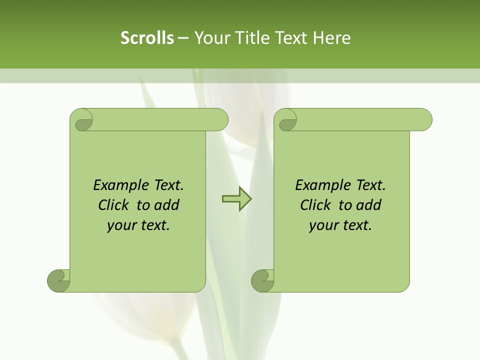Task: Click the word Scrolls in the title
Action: pyautogui.click(x=147, y=37)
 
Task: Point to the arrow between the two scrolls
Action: pyautogui.click(x=236, y=199)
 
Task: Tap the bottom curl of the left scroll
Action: pyautogui.click(x=59, y=280)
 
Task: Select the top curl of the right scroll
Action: pyautogui.click(x=287, y=120)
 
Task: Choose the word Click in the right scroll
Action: pyautogui.click(x=315, y=205)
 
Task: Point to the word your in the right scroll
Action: pyautogui.click(x=322, y=225)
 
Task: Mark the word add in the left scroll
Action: pyautogui.click(x=166, y=205)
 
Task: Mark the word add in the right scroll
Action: pyautogui.click(x=368, y=205)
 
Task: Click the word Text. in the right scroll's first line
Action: pyautogui.click(x=370, y=185)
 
